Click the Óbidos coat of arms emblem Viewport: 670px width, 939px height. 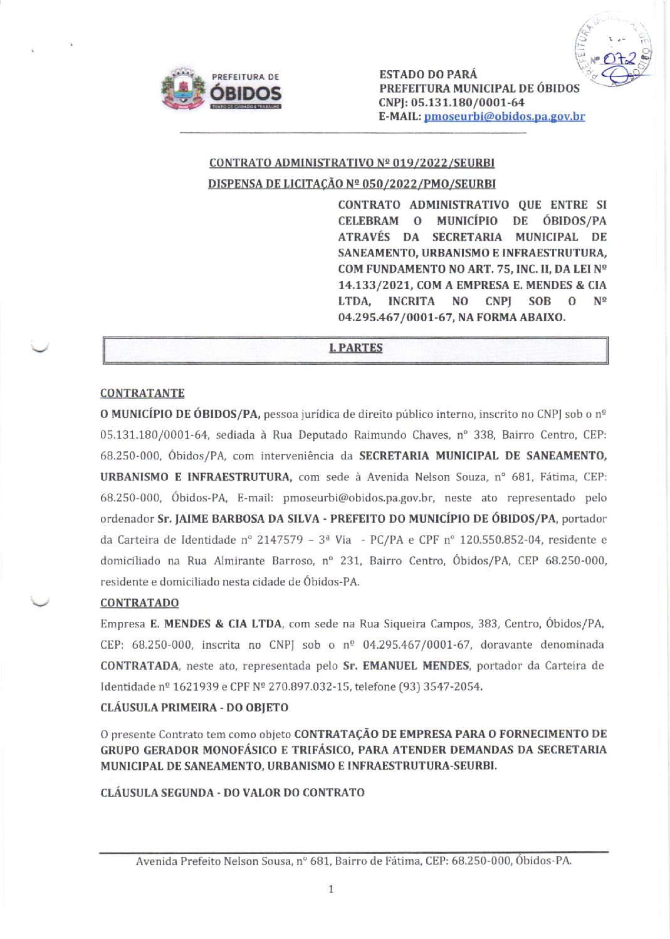click(183, 90)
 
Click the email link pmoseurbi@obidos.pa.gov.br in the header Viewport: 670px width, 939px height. click(504, 117)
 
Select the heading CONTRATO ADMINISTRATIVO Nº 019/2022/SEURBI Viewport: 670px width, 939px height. click(352, 163)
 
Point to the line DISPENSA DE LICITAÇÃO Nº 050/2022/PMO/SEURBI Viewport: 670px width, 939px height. click(352, 184)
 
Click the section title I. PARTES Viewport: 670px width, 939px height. click(355, 349)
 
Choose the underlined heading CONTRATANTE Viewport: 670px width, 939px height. click(142, 394)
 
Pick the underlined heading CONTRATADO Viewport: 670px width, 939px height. click(139, 603)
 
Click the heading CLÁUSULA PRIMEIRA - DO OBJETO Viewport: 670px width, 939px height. click(194, 708)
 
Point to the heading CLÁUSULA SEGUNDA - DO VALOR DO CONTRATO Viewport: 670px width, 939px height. click(233, 793)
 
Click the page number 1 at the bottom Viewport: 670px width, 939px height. click(331, 889)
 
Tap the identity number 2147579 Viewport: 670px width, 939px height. click(280, 540)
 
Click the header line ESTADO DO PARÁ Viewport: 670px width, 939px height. click(428, 75)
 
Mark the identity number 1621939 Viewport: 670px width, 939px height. click(196, 687)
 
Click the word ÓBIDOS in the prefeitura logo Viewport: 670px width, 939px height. click(245, 93)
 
